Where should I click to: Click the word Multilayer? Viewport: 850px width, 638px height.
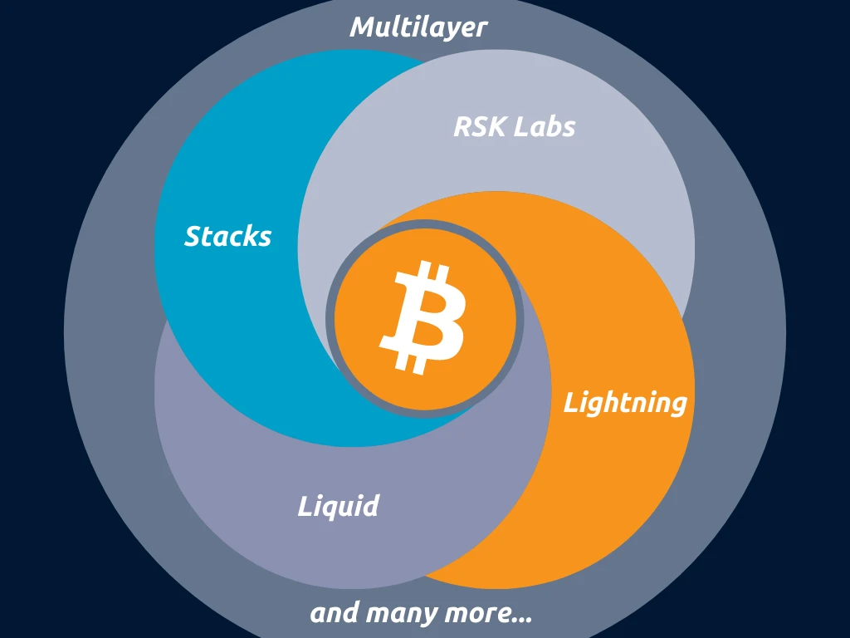pyautogui.click(x=418, y=27)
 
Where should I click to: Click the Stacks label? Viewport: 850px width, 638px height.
pyautogui.click(x=227, y=237)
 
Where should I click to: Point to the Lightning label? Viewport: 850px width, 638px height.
pyautogui.click(x=625, y=404)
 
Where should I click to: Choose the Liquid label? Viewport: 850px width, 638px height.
pyautogui.click(x=338, y=507)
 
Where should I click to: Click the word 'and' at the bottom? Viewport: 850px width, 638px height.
pyautogui.click(x=335, y=614)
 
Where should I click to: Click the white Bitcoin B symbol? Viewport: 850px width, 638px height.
pyautogui.click(x=423, y=316)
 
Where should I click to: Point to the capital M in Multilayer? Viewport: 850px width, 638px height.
pyautogui.click(x=364, y=27)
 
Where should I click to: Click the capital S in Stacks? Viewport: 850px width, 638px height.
pyautogui.click(x=193, y=237)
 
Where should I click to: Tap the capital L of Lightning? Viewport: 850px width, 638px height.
pyautogui.click(x=571, y=403)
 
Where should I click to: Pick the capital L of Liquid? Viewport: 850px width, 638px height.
pyautogui.click(x=305, y=506)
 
